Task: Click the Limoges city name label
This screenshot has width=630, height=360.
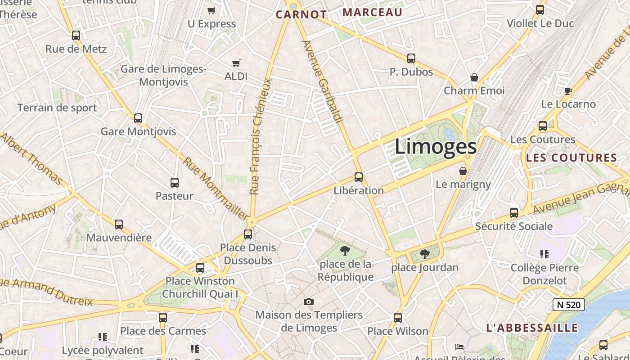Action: coord(436,147)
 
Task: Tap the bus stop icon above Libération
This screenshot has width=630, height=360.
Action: coord(359,177)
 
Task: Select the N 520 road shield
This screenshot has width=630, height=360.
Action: coord(568,305)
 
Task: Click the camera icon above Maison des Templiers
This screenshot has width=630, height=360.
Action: coord(308,301)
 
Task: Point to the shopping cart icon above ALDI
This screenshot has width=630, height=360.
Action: coord(236,63)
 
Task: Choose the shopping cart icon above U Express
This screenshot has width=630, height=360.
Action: coord(211,10)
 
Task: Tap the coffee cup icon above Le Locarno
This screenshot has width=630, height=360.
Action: coord(568,91)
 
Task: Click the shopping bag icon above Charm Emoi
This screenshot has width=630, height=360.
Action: coord(474,77)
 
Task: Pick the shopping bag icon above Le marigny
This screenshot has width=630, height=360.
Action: coord(463,171)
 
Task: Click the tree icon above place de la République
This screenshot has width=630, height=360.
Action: coord(345,250)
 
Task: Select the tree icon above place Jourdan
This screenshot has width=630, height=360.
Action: coord(424,255)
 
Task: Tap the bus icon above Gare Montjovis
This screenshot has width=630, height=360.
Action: coord(138,118)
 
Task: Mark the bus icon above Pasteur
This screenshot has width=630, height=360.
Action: coord(175,183)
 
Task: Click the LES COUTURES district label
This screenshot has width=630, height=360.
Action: coord(571,158)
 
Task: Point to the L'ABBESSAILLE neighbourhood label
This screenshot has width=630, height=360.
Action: coord(532,328)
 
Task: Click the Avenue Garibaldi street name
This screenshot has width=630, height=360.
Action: coord(322,81)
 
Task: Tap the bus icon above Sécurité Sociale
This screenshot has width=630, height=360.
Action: coord(514,213)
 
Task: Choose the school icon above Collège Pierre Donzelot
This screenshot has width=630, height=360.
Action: coord(544,254)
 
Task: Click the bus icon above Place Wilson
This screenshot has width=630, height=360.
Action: coord(398,318)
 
